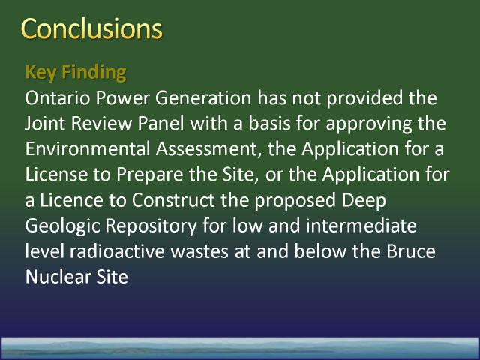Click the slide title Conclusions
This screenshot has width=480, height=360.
(x=91, y=28)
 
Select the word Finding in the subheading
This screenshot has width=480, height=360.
(x=94, y=73)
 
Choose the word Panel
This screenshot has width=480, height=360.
(x=161, y=123)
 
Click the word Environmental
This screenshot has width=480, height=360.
(x=88, y=149)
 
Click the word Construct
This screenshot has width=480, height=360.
(x=173, y=200)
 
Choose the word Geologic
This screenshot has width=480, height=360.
(x=62, y=226)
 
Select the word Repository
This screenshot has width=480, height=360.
(x=151, y=226)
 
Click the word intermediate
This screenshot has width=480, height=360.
(x=361, y=226)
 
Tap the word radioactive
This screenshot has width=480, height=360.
(x=117, y=251)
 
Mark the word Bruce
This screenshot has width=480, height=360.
(x=411, y=251)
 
